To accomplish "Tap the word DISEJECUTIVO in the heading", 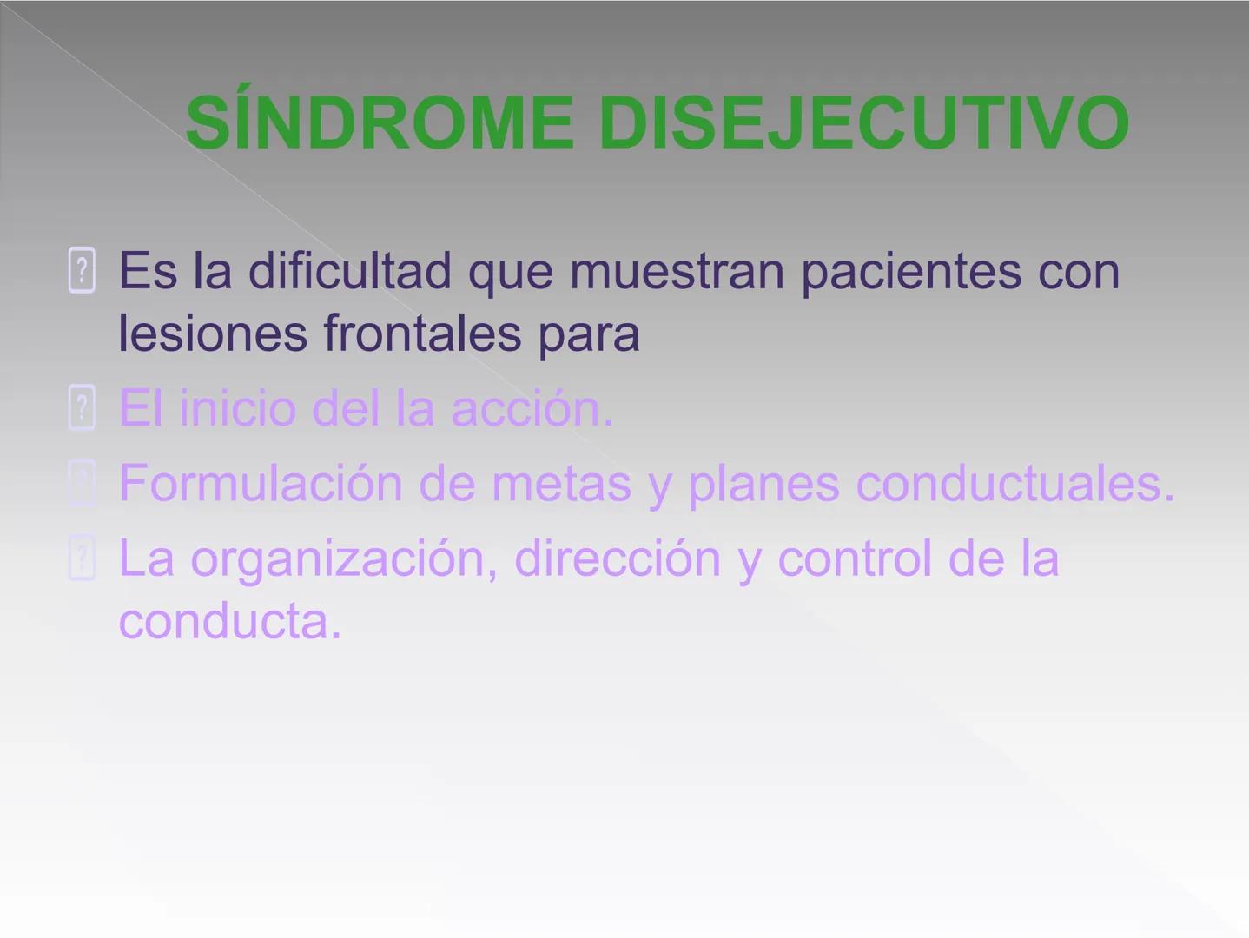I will [863, 123].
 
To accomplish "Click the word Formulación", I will [260, 483].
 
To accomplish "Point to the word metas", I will [561, 483].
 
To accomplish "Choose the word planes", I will [763, 485].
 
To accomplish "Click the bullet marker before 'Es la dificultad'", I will [82, 271].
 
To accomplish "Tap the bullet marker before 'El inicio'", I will [82, 408].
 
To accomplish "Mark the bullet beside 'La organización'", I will [82, 558].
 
